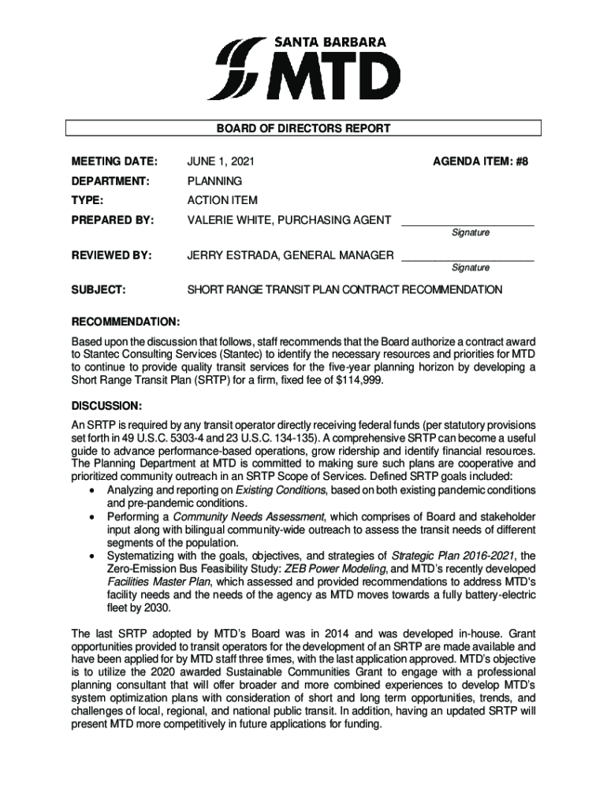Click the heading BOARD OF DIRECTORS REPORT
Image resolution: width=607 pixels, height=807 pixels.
(303, 128)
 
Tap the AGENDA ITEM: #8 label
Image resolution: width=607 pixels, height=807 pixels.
(479, 162)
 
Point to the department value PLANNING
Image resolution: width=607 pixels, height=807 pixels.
(214, 181)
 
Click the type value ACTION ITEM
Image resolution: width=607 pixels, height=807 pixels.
(222, 200)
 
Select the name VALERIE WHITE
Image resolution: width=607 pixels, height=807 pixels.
(229, 220)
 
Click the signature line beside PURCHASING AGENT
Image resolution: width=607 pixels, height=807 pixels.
(467, 225)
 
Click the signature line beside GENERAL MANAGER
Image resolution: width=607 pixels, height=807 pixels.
(467, 260)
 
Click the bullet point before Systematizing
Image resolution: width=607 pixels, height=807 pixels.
(94, 556)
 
